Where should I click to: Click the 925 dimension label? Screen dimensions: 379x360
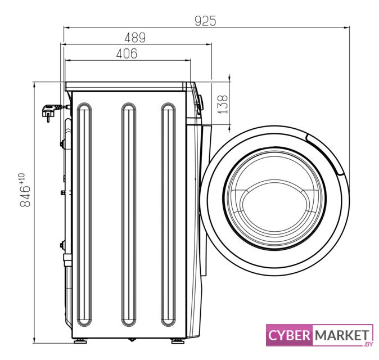click(x=205, y=21)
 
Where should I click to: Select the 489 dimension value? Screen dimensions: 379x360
click(x=135, y=38)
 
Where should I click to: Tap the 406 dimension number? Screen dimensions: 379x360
click(x=127, y=53)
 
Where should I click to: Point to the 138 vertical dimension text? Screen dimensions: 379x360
click(x=222, y=105)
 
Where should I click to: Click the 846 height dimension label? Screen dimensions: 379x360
click(x=25, y=196)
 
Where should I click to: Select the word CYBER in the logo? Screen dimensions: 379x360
click(x=289, y=335)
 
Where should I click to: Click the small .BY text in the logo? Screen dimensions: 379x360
click(x=368, y=344)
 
